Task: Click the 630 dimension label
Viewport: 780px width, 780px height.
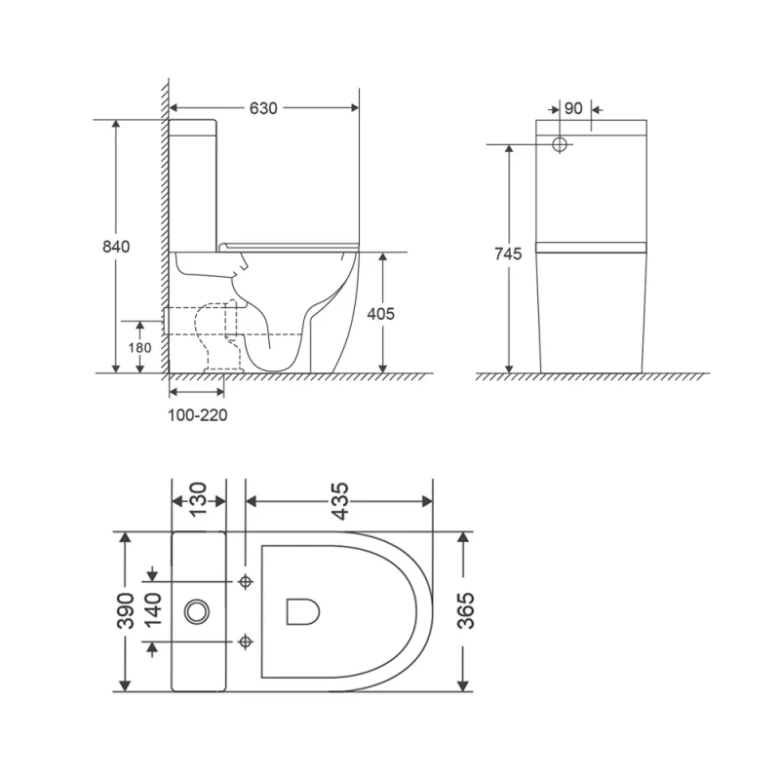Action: [263, 108]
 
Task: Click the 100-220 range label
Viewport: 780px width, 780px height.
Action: [199, 415]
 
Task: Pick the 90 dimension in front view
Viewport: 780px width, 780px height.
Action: [573, 108]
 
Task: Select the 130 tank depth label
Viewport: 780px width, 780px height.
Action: [198, 500]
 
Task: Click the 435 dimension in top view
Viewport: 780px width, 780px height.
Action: [338, 500]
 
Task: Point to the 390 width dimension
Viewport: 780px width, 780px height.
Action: [125, 611]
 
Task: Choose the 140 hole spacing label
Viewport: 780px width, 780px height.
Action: [152, 611]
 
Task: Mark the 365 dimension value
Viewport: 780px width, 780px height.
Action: [466, 611]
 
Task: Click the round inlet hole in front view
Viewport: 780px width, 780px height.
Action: [561, 145]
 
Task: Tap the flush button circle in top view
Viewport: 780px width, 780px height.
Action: [197, 611]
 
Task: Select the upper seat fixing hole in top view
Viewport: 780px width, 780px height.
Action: [246, 582]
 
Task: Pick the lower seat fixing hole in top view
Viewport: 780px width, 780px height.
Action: [246, 642]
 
